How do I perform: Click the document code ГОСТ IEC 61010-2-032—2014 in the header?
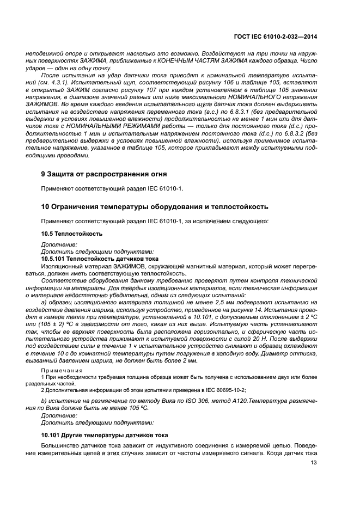tap(275, 36)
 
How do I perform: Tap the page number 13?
tap(313, 463)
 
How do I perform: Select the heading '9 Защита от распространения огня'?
tap(104, 174)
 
